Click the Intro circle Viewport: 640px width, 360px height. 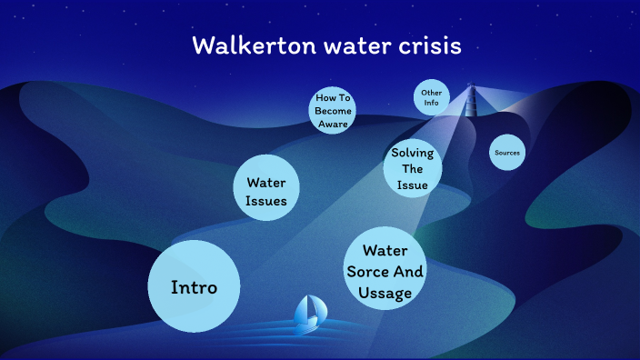point(194,286)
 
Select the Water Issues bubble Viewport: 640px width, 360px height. point(266,192)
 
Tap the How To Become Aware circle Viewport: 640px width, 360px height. point(333,110)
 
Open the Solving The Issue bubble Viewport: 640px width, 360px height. point(412,168)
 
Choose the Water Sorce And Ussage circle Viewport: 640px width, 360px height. point(385,270)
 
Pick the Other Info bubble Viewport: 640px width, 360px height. point(431,97)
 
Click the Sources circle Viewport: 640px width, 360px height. point(506,153)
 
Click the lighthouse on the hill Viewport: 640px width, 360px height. point(471,100)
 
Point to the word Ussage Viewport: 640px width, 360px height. point(385,292)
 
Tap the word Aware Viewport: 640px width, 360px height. point(333,124)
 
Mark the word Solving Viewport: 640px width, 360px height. point(412,153)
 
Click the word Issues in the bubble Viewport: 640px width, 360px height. point(266,201)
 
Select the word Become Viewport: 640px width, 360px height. point(333,110)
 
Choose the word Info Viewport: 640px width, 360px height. point(431,103)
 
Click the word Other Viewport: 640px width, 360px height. point(431,93)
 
